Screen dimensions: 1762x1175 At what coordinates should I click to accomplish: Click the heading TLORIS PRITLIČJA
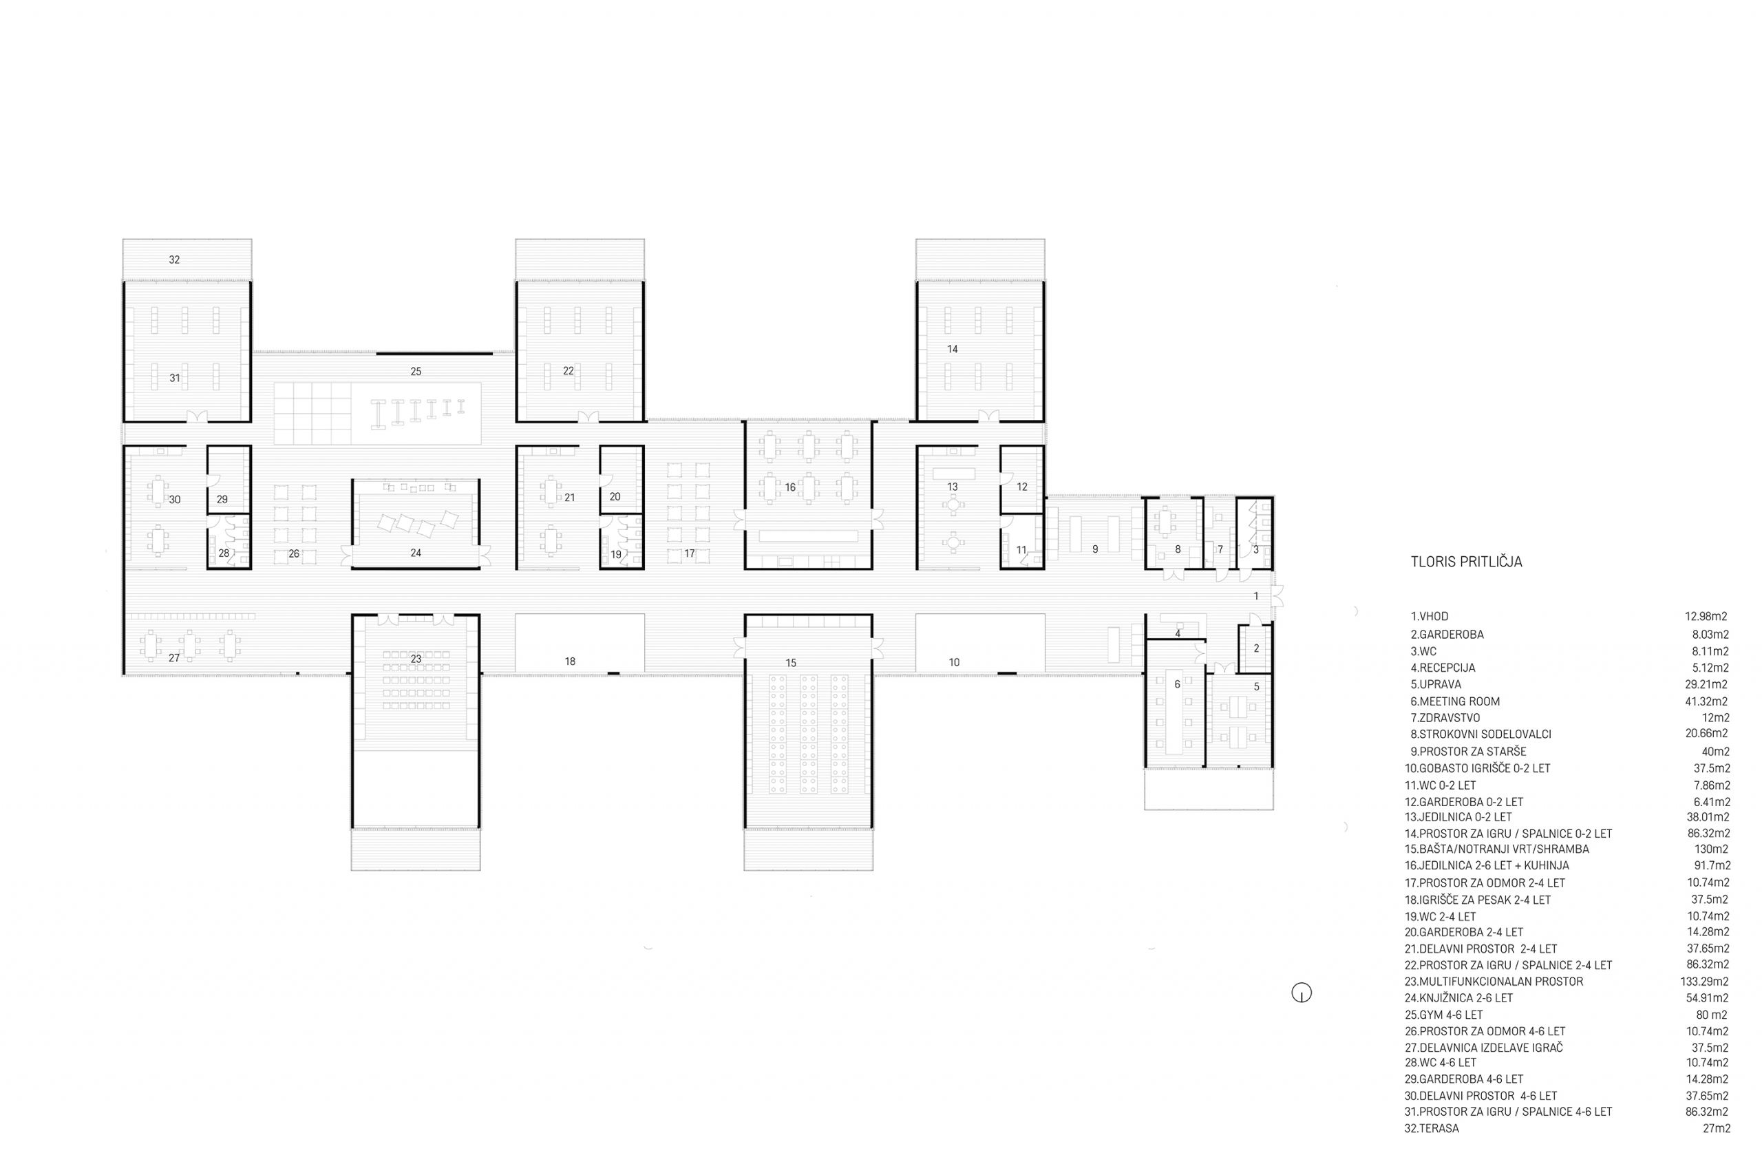click(x=1466, y=562)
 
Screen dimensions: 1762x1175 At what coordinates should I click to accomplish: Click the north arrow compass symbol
click(x=1302, y=993)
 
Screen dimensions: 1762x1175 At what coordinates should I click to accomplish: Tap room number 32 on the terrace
click(x=175, y=260)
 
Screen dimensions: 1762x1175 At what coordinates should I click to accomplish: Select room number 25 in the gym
click(x=416, y=371)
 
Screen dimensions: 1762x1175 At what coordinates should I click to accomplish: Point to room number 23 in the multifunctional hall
click(x=416, y=659)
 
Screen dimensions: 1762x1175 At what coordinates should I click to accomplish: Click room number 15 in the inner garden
click(x=790, y=662)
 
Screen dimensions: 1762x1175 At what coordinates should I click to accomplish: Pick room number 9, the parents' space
click(x=1095, y=549)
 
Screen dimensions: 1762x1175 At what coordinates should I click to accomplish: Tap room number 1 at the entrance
click(x=1256, y=595)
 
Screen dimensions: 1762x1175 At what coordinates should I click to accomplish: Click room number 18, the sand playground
click(x=570, y=661)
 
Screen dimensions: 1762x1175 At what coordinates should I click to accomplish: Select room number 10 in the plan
click(x=954, y=662)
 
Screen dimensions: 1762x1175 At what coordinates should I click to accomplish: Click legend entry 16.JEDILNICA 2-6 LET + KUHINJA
click(x=1494, y=865)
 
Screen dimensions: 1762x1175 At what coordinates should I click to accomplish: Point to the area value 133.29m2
click(x=1704, y=982)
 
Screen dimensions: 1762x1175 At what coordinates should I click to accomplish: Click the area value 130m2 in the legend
click(x=1711, y=849)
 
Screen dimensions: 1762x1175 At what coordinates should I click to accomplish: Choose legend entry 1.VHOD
click(x=1430, y=617)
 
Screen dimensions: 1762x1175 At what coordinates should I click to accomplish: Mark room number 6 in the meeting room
click(x=1178, y=684)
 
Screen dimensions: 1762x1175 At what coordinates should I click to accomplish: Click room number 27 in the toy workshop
click(x=174, y=658)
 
